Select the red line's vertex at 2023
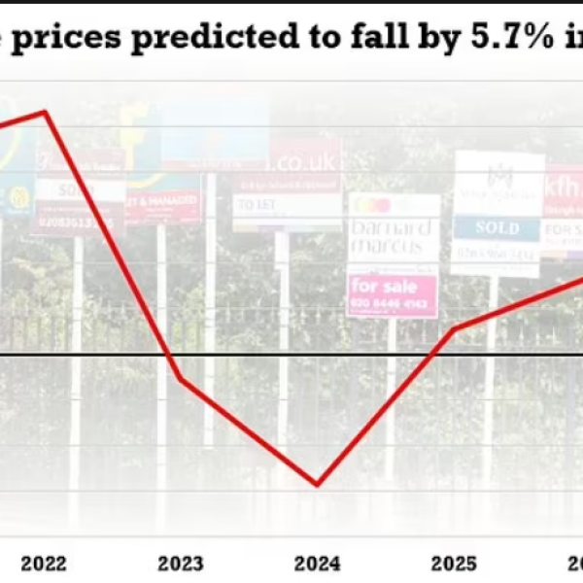181,377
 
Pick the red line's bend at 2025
454,329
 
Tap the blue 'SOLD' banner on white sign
497,227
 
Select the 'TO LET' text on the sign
256,206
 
